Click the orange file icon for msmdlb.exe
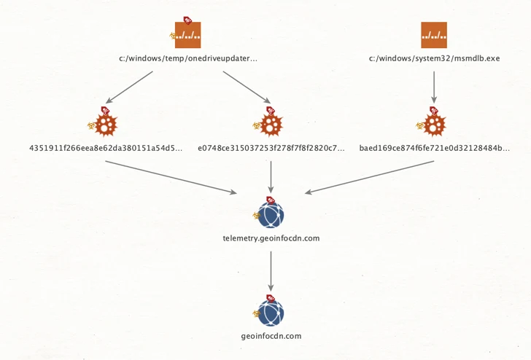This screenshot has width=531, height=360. (434, 35)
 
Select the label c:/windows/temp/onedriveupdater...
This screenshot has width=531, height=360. (188, 58)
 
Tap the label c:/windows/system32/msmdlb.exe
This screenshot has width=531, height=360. (434, 58)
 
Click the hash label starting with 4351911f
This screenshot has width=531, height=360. (106, 148)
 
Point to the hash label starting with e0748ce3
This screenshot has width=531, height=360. (271, 148)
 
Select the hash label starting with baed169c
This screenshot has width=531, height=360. (435, 148)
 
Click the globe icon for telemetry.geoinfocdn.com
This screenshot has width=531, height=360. (271, 215)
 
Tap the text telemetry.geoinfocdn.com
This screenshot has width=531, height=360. (271, 238)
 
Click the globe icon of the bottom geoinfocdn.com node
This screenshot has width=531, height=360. (271, 313)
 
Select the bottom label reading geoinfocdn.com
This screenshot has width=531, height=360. (271, 336)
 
